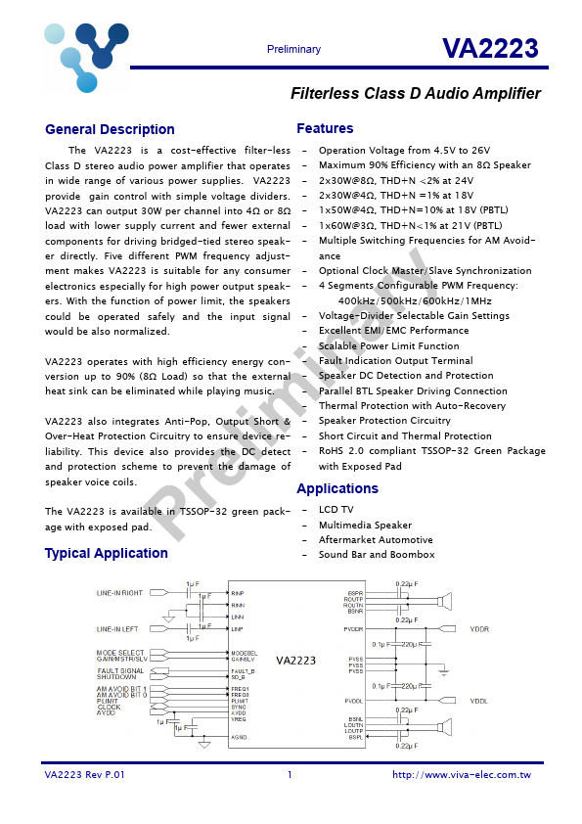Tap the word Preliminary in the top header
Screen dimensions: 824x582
click(x=293, y=50)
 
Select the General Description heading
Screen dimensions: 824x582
click(x=110, y=129)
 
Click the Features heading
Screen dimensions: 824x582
click(x=325, y=128)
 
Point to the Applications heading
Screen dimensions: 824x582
click(x=336, y=488)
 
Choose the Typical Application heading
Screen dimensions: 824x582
click(x=106, y=553)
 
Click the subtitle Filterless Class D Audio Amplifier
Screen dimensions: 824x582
click(x=416, y=94)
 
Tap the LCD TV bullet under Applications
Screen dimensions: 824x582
click(x=336, y=510)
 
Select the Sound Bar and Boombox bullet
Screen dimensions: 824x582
click(x=376, y=555)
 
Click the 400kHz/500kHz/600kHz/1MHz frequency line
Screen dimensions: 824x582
click(x=415, y=300)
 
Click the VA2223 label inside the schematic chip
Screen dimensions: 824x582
click(x=295, y=661)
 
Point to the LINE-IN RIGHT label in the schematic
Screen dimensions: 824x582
click(x=119, y=593)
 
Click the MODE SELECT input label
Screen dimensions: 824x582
click(x=119, y=652)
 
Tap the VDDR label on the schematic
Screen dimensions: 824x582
click(x=479, y=629)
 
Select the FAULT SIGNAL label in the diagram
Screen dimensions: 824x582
click(x=119, y=670)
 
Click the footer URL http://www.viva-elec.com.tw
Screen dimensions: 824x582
click(x=461, y=775)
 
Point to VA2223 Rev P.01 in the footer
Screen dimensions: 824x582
click(x=85, y=775)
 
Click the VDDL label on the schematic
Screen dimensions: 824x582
click(x=479, y=701)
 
